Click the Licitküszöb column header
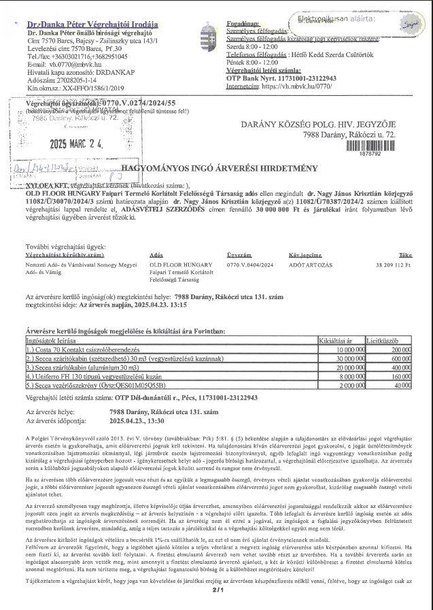[382, 338]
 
